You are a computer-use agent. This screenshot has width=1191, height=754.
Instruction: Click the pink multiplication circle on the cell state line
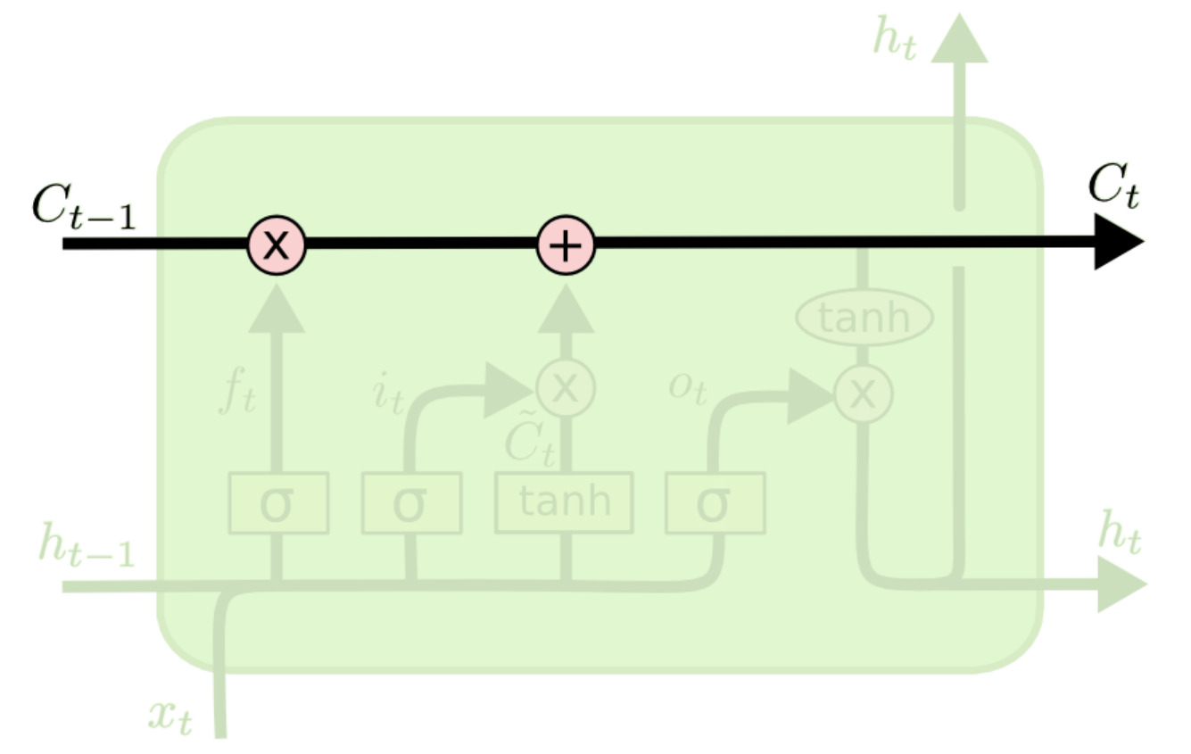tap(277, 243)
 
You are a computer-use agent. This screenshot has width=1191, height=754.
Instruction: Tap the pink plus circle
tap(565, 243)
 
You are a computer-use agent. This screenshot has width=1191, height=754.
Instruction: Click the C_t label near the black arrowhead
tap(1112, 187)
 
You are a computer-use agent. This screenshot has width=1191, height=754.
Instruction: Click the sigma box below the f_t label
tap(278, 503)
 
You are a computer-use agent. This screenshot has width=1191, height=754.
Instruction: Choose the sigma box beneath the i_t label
tap(410, 503)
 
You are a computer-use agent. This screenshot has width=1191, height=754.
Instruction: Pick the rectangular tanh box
tap(564, 502)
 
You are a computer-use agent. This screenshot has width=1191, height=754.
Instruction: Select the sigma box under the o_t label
tap(715, 503)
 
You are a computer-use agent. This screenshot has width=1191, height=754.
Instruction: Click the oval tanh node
tap(864, 318)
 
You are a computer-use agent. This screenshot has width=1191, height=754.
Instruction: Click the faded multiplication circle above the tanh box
tap(565, 387)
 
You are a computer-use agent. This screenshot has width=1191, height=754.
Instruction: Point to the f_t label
tap(237, 393)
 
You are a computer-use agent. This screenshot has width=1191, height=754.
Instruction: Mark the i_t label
tap(388, 393)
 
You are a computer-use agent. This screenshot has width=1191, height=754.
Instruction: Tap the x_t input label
tap(170, 716)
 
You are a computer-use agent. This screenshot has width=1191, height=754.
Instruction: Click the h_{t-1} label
tap(86, 546)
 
